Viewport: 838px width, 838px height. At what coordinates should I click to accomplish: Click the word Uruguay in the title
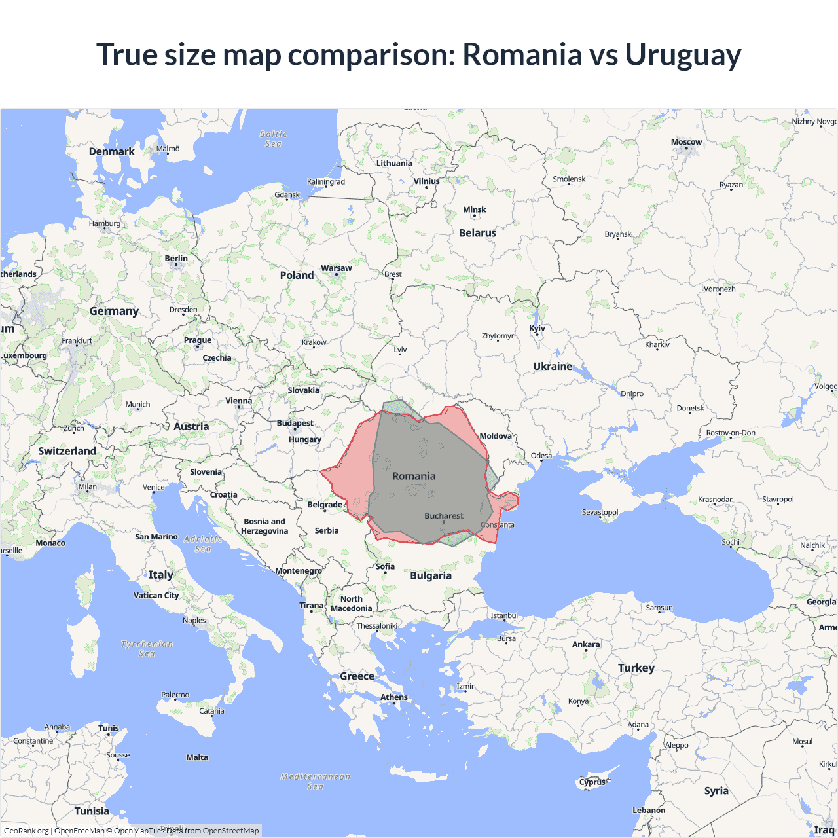pyautogui.click(x=682, y=54)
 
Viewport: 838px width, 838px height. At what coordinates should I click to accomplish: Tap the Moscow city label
pyautogui.click(x=686, y=142)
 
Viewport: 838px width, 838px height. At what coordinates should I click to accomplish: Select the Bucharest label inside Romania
pyautogui.click(x=443, y=516)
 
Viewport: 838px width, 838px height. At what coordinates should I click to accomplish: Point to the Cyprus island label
pyautogui.click(x=592, y=782)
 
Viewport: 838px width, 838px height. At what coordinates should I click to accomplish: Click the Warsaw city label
pyautogui.click(x=336, y=268)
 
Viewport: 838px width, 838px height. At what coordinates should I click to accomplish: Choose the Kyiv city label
pyautogui.click(x=537, y=329)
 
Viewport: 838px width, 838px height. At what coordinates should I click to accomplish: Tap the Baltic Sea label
pyautogui.click(x=273, y=139)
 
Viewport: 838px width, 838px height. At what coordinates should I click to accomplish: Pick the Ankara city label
pyautogui.click(x=585, y=645)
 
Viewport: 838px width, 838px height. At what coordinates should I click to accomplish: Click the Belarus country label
pyautogui.click(x=477, y=233)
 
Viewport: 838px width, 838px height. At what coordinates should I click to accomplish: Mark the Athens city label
pyautogui.click(x=393, y=697)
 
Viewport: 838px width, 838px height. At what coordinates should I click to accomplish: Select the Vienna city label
pyautogui.click(x=238, y=401)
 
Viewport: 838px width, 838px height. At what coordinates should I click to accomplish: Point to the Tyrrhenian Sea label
pyautogui.click(x=147, y=649)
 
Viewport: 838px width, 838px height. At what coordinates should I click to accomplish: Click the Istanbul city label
pyautogui.click(x=503, y=616)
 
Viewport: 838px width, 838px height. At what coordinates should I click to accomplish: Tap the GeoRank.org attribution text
pyautogui.click(x=26, y=831)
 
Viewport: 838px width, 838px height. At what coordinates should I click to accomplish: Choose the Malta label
pyautogui.click(x=197, y=757)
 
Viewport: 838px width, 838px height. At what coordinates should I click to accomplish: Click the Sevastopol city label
pyautogui.click(x=600, y=512)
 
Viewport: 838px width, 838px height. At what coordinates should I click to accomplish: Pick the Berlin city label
pyautogui.click(x=175, y=259)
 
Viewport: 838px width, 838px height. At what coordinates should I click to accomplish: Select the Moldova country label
pyautogui.click(x=496, y=436)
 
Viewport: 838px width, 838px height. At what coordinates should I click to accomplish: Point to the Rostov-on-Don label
pyautogui.click(x=730, y=433)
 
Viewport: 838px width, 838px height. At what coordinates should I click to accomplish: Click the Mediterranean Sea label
pyautogui.click(x=315, y=782)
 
